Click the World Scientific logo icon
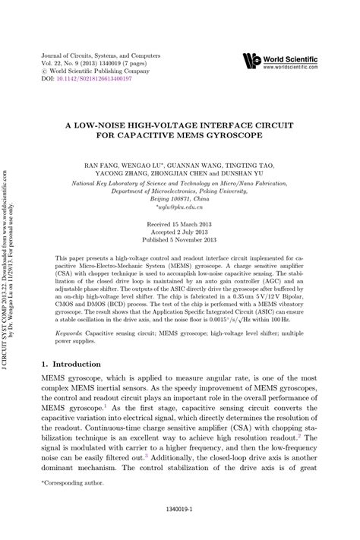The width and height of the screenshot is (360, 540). tap(251, 61)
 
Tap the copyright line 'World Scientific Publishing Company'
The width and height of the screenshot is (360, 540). tap(96, 71)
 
